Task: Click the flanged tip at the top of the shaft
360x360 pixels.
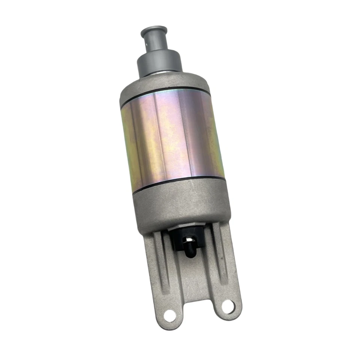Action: (153, 30)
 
